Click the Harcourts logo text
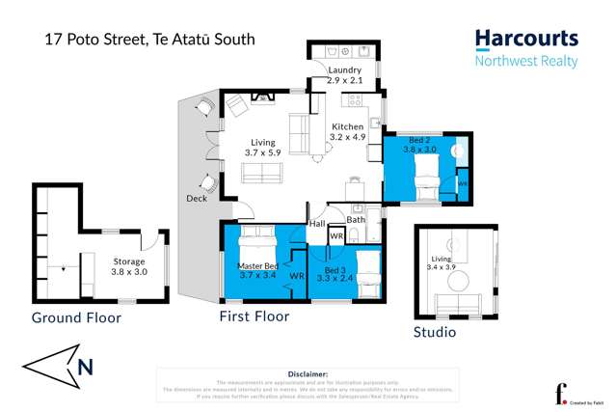click(526, 40)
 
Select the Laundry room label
click(344, 75)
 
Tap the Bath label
click(356, 220)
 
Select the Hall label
click(316, 223)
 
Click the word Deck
click(197, 199)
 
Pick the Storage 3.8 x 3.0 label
click(129, 266)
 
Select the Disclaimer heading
click(308, 372)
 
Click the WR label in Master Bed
click(296, 276)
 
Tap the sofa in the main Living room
click(262, 173)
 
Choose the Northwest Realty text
click(526, 62)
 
